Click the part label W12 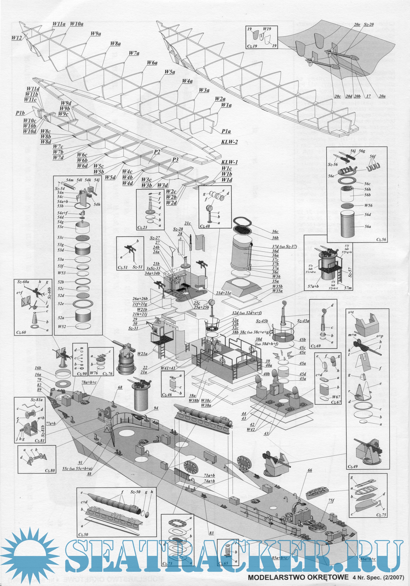[x=17, y=38]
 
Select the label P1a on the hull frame [x=226, y=131]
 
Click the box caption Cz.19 [x=252, y=46]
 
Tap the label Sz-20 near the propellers [x=369, y=25]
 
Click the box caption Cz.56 [x=381, y=239]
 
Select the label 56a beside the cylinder [x=368, y=226]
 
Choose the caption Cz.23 [x=142, y=227]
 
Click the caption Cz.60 [x=21, y=332]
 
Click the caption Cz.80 [x=50, y=470]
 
